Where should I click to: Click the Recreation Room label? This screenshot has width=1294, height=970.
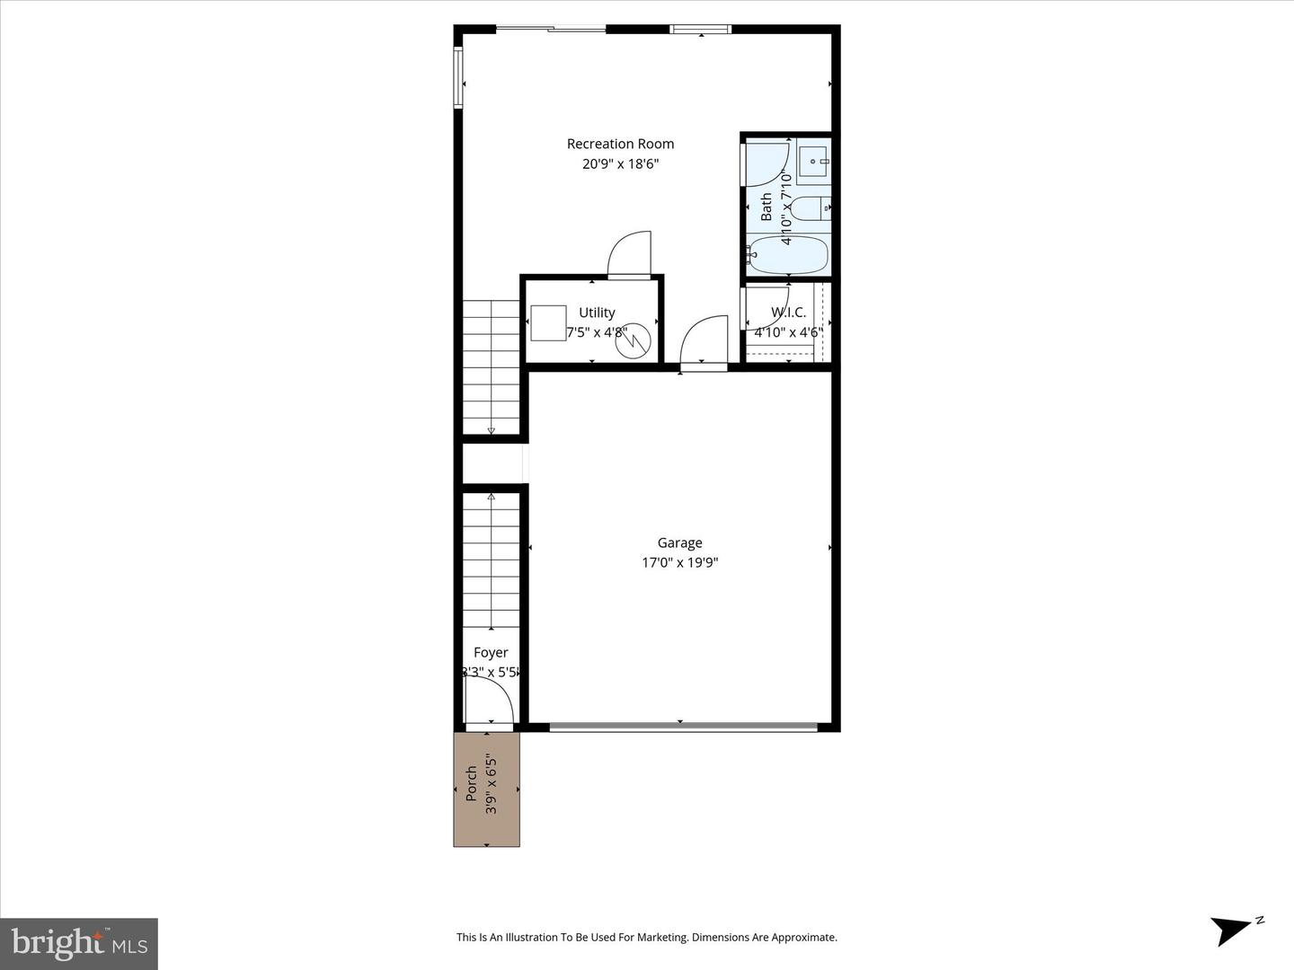pyautogui.click(x=620, y=144)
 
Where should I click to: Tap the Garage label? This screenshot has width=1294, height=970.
pyautogui.click(x=679, y=542)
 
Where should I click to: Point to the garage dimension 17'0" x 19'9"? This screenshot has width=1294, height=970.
pyautogui.click(x=679, y=563)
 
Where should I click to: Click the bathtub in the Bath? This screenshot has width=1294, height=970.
pyautogui.click(x=788, y=256)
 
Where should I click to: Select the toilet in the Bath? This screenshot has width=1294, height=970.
pyautogui.click(x=811, y=208)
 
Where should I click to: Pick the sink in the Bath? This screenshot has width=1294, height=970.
pyautogui.click(x=814, y=163)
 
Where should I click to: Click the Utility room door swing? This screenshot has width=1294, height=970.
pyautogui.click(x=629, y=255)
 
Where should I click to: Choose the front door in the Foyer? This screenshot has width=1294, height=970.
pyautogui.click(x=488, y=701)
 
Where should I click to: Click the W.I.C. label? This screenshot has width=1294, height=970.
pyautogui.click(x=788, y=313)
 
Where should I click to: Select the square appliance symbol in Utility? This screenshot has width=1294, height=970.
pyautogui.click(x=548, y=323)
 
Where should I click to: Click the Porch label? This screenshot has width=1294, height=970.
pyautogui.click(x=471, y=784)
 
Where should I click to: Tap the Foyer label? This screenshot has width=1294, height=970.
pyautogui.click(x=491, y=653)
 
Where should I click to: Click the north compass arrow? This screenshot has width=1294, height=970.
pyautogui.click(x=1232, y=929)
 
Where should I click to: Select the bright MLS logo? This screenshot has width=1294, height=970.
pyautogui.click(x=79, y=943)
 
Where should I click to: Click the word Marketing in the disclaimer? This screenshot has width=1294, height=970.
pyautogui.click(x=660, y=938)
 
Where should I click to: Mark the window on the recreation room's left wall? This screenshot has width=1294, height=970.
pyautogui.click(x=458, y=78)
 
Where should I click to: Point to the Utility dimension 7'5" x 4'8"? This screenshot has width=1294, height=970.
pyautogui.click(x=597, y=332)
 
